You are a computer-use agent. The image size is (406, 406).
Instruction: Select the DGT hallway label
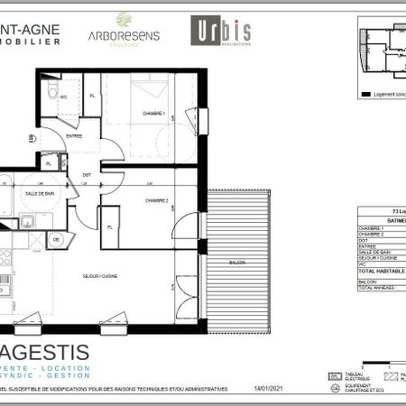[88, 174]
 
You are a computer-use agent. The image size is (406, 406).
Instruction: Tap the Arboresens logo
[123, 29]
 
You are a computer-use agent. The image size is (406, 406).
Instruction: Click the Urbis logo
[220, 30]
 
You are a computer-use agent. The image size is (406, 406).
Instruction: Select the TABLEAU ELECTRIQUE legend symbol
[335, 374]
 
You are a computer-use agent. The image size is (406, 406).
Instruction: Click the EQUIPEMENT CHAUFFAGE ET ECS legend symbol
[336, 388]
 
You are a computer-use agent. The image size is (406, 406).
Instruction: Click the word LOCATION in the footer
[68, 368]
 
